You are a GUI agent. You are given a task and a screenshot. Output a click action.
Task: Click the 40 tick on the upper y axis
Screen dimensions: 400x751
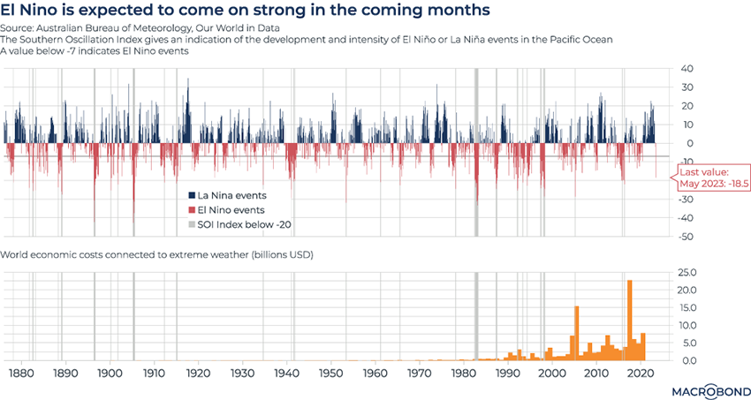tap(687, 69)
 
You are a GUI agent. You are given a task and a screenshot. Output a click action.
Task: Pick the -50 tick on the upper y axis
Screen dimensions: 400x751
tap(687, 237)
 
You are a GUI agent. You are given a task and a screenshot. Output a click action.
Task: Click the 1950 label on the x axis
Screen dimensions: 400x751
tap(330, 374)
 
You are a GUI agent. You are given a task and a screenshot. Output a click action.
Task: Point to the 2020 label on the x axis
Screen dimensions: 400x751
tap(642, 374)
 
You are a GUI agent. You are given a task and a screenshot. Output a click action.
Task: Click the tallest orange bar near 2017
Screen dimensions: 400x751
tap(630, 320)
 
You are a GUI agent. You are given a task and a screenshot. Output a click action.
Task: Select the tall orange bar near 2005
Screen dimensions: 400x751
tap(576, 332)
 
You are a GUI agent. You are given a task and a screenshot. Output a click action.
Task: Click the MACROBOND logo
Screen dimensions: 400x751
tap(705, 389)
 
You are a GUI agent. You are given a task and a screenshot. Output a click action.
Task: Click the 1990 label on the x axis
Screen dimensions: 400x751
tap(508, 374)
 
